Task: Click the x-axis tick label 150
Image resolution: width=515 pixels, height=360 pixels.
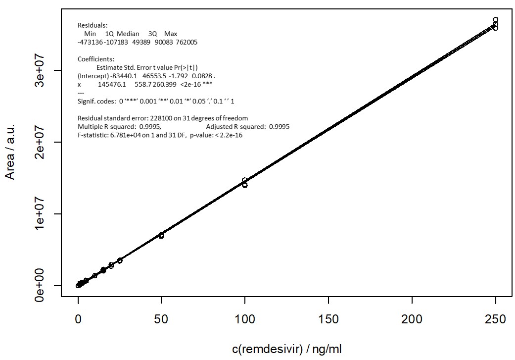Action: pyautogui.click(x=328, y=319)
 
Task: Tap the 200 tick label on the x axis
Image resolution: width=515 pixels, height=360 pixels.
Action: pyautogui.click(x=412, y=319)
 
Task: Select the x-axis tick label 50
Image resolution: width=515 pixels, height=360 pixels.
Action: pyautogui.click(x=161, y=319)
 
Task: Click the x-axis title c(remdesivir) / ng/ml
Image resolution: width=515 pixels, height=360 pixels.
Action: pyautogui.click(x=286, y=349)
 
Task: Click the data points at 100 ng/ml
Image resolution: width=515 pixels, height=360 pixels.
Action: pyautogui.click(x=244, y=183)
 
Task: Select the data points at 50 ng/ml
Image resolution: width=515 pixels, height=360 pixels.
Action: pyautogui.click(x=161, y=235)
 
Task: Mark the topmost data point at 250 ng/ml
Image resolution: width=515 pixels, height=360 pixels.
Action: pyautogui.click(x=495, y=20)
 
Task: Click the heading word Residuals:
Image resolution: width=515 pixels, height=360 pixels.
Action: pyautogui.click(x=93, y=25)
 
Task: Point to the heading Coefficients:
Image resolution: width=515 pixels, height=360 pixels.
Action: pyautogui.click(x=96, y=59)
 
